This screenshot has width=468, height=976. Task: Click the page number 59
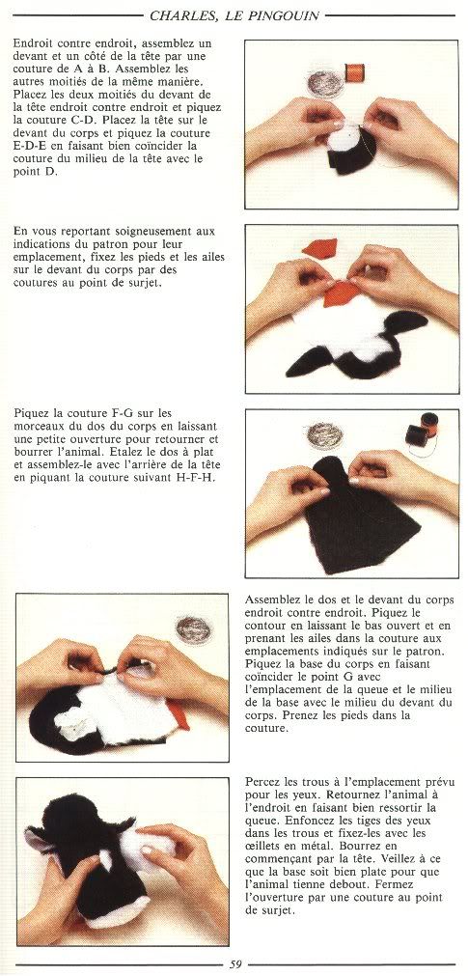(235, 964)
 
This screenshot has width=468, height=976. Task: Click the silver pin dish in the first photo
(325, 83)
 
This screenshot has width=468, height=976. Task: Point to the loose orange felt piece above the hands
(320, 248)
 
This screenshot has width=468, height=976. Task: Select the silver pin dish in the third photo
(325, 435)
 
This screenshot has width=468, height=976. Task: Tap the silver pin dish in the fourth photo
(194, 629)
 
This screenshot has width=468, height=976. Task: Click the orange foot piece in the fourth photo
(178, 715)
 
